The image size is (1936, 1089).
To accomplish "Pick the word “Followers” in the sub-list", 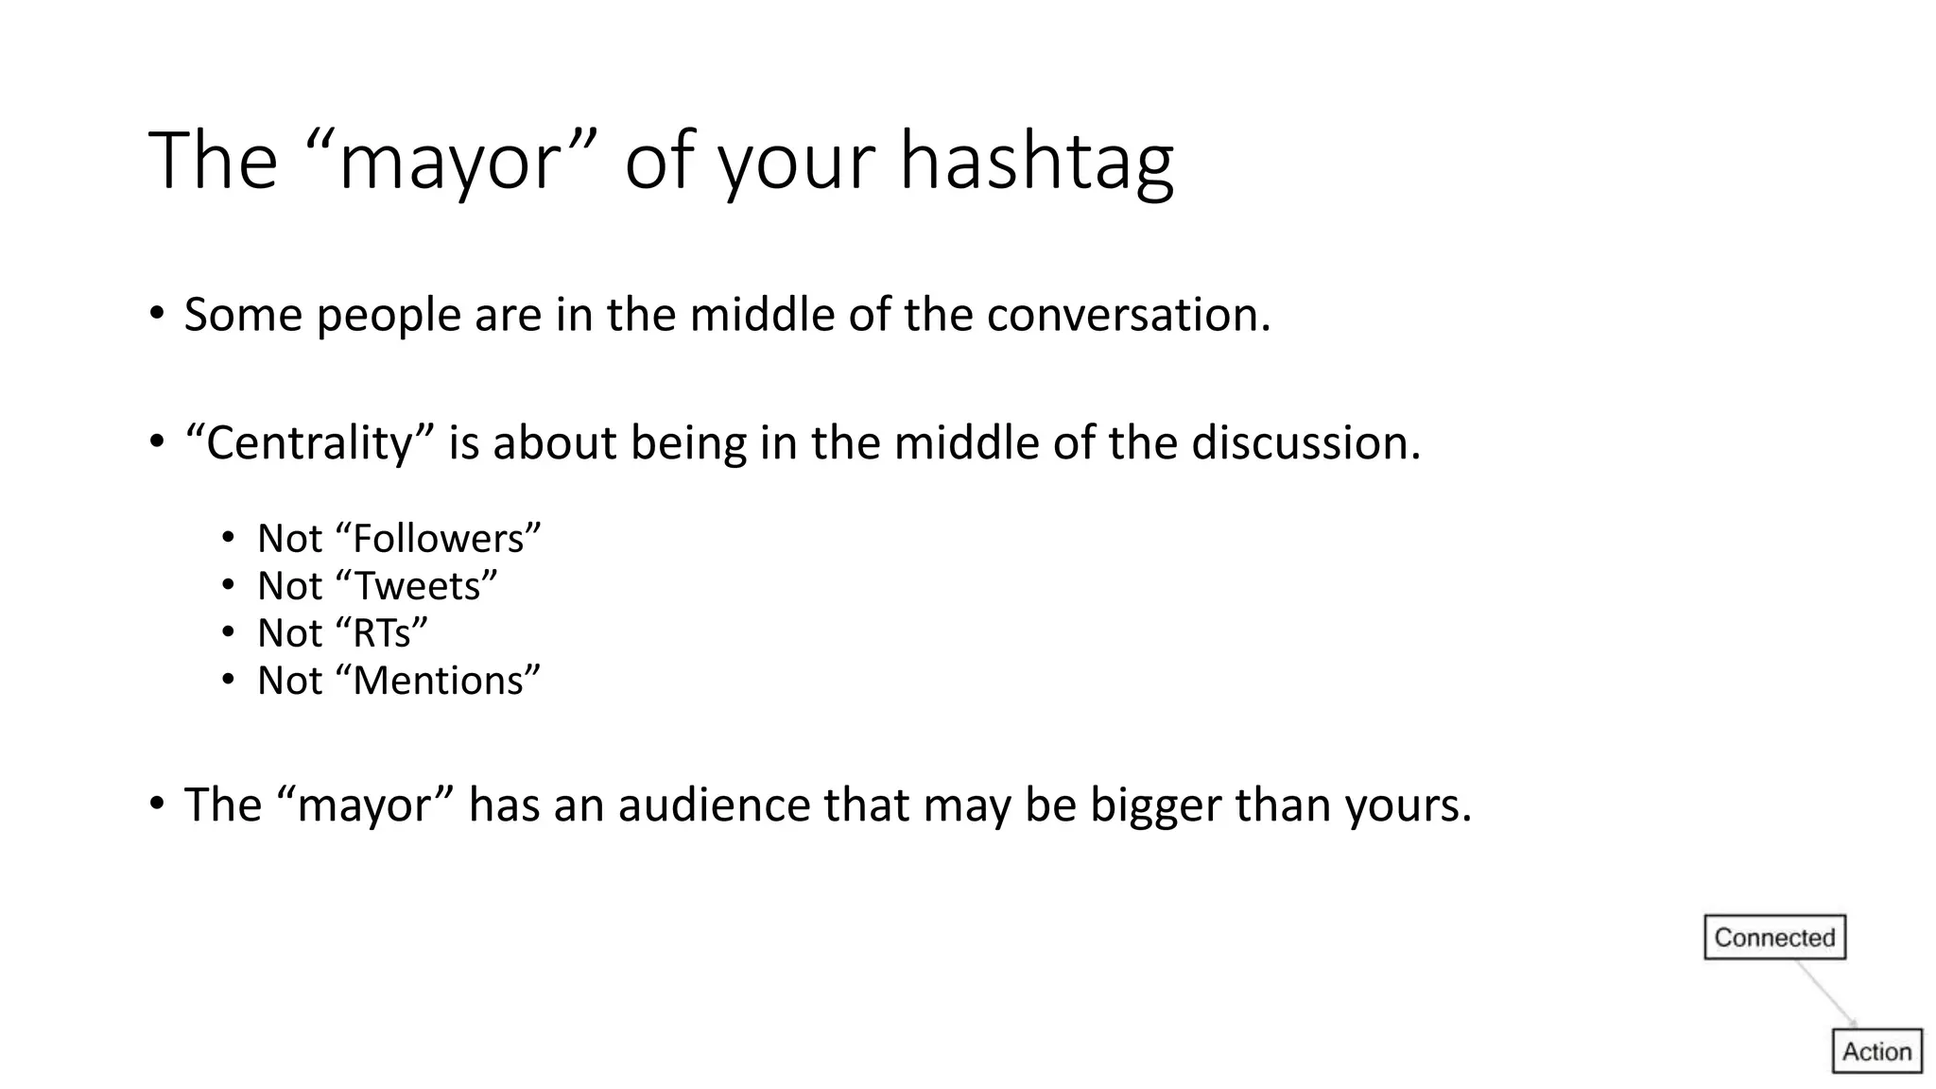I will [x=446, y=539].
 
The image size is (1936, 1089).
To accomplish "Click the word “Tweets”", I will [x=424, y=586].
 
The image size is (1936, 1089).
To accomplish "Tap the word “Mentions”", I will [x=446, y=681].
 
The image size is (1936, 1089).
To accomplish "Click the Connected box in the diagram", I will [x=1774, y=938].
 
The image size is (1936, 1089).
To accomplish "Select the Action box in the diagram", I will [x=1876, y=1051].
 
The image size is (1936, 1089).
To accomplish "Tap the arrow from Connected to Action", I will [x=1825, y=994].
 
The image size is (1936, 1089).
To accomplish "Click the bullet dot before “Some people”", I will [x=157, y=314].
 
